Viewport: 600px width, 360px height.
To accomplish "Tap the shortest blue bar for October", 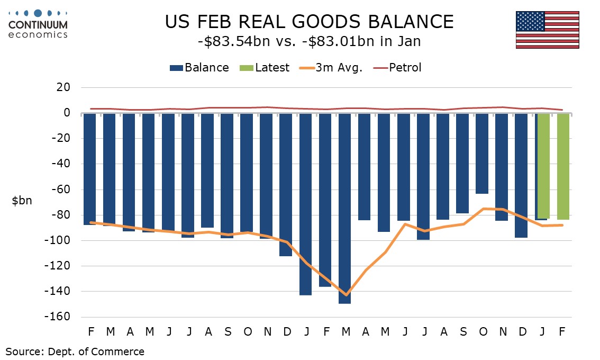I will point(481,153).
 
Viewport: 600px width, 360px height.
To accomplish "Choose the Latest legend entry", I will point(266,68).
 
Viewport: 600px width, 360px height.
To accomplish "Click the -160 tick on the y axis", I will point(61,317).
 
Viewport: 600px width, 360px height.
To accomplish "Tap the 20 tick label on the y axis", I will point(65,87).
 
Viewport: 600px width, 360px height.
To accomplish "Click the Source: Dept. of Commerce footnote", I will point(75,351).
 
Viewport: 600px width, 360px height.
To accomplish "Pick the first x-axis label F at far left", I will point(91,332).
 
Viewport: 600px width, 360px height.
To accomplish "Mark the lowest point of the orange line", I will point(346,295).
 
